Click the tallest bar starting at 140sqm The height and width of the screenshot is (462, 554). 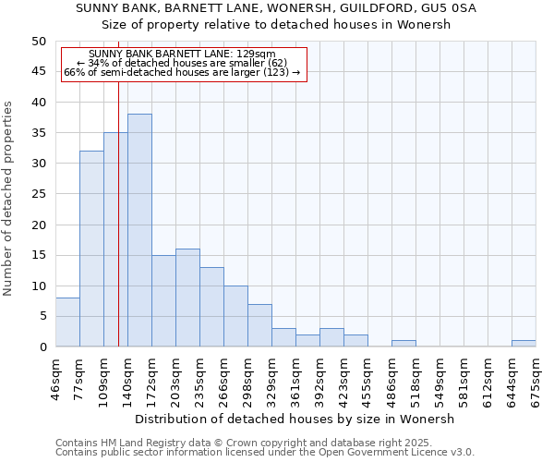pos(139,230)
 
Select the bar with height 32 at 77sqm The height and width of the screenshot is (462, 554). pos(91,249)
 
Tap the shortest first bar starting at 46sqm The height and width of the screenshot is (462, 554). pos(67,322)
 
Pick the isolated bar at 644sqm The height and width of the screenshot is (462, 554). pos(524,344)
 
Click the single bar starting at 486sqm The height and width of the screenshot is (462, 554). pos(403,344)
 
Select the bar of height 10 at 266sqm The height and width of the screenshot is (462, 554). pos(235,316)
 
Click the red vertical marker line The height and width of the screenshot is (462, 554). pos(119,231)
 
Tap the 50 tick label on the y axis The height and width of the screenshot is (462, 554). pos(38,42)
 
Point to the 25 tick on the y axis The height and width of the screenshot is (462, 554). pos(38,194)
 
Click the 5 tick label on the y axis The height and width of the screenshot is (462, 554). pos(42,316)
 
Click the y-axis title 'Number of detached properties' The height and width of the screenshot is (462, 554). pos(9,199)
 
